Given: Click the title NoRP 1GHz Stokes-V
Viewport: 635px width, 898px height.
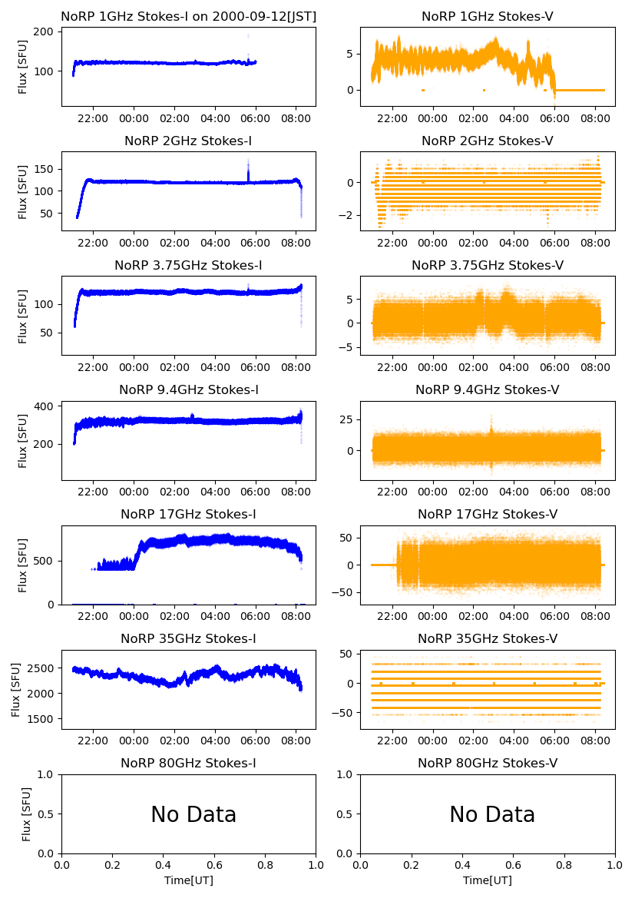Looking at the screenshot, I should (488, 16).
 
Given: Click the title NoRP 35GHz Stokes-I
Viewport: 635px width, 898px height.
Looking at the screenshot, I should (188, 639).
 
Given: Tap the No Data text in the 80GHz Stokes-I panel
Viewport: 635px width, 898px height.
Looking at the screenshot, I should (193, 815).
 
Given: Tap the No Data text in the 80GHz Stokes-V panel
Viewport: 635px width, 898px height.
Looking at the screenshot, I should (492, 815).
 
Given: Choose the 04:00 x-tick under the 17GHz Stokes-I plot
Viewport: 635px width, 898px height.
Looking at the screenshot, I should (215, 616).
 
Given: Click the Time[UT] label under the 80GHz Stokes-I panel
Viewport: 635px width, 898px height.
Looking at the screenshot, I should (188, 880).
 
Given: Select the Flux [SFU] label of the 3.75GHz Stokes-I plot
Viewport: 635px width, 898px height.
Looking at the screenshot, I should (23, 316).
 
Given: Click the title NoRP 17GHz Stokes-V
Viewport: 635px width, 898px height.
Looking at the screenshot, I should (488, 515).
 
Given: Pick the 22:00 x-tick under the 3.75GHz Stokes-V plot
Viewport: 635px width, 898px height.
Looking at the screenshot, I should (393, 367).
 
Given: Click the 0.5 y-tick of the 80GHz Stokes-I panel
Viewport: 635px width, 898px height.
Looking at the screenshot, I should (48, 814).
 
